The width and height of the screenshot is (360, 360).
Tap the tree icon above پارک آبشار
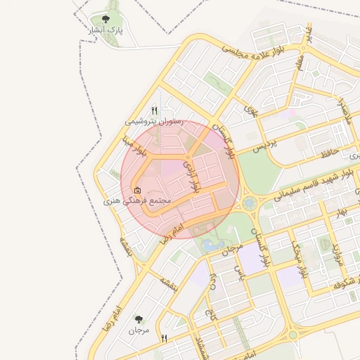pyautogui.click(x=105, y=20)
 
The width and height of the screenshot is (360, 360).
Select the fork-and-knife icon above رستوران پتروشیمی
pyautogui.click(x=155, y=110)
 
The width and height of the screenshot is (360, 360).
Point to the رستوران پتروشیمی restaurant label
pyautogui.click(x=154, y=122)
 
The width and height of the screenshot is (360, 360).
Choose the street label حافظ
pyautogui.click(x=329, y=150)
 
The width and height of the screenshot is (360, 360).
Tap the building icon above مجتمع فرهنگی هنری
pyautogui.click(x=137, y=190)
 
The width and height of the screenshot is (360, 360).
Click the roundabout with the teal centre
pyautogui.click(x=249, y=203)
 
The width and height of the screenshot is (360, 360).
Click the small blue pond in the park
pyautogui.click(x=210, y=245)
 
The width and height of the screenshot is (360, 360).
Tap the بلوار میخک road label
pyautogui.click(x=300, y=259)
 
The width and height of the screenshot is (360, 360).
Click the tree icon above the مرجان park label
pyautogui.click(x=139, y=319)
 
